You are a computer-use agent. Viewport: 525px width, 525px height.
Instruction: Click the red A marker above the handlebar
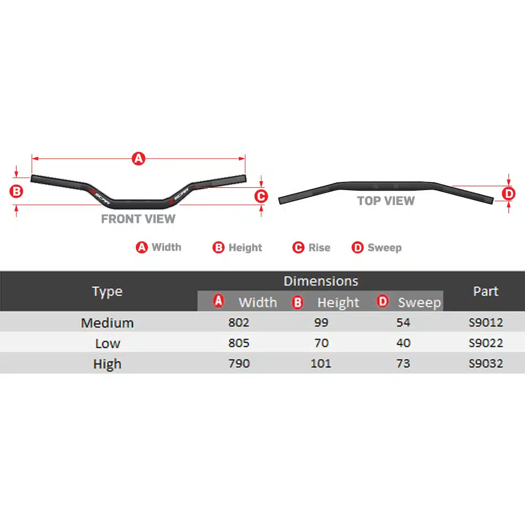[x=139, y=159]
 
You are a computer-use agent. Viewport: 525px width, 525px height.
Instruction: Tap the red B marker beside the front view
[x=16, y=192]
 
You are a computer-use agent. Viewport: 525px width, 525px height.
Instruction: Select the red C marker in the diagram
[x=261, y=196]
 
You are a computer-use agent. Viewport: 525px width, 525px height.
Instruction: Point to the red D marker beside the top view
[x=508, y=193]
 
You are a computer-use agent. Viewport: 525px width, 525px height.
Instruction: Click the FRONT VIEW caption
[x=138, y=219]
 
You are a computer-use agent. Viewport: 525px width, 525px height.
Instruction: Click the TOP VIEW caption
[x=386, y=201]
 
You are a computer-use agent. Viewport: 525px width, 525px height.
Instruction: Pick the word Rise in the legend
[x=319, y=248]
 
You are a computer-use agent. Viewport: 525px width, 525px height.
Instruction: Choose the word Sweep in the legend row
[x=385, y=248]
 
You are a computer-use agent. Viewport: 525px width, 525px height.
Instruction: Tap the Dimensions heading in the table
[x=321, y=281]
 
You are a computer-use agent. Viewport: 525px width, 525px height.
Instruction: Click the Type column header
[x=107, y=292]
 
